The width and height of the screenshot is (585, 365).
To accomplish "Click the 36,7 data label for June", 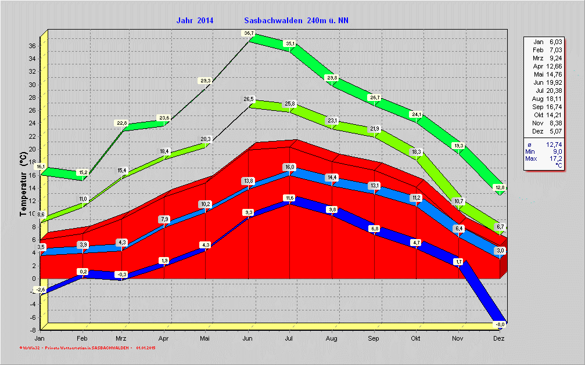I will click(249, 34).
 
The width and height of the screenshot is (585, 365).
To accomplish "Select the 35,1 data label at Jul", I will click(289, 44).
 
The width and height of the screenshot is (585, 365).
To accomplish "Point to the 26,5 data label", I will click(249, 100).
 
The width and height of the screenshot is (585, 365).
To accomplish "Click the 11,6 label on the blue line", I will click(289, 198).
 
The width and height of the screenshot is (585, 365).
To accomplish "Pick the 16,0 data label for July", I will click(289, 167).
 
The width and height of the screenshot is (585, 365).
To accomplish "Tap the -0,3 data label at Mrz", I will click(121, 274).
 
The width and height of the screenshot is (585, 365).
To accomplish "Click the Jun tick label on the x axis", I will click(247, 338).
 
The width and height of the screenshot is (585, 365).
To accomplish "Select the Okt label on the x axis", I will click(415, 338).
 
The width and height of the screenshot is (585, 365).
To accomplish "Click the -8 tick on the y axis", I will click(35, 330).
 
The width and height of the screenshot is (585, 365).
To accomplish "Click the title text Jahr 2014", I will click(195, 20).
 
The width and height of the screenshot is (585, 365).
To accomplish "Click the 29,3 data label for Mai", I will click(205, 81).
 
